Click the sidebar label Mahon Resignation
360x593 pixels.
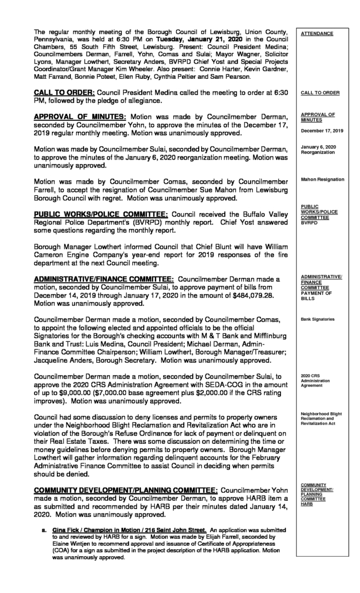(323, 179)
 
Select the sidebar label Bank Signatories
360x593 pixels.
(318, 318)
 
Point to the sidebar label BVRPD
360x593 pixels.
(309, 223)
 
